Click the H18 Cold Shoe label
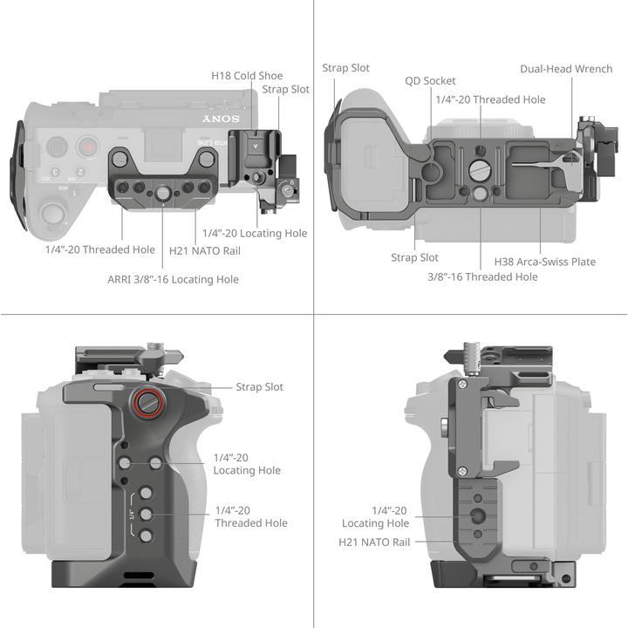click(x=247, y=76)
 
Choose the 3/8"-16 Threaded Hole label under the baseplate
click(x=482, y=276)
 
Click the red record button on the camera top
click(x=86, y=146)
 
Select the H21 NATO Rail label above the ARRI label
click(x=205, y=251)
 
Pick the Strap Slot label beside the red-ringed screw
click(x=259, y=386)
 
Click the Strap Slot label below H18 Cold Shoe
click(x=285, y=89)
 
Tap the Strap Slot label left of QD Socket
click(x=346, y=68)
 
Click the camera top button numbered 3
click(x=56, y=173)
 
